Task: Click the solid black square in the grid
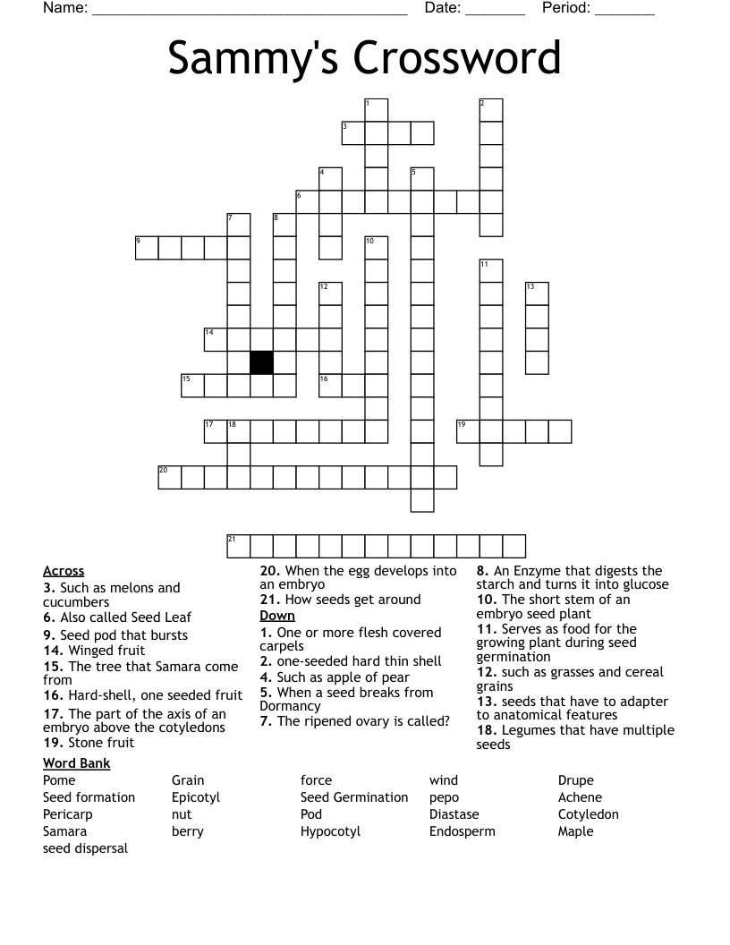point(261,362)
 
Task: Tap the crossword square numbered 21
point(238,546)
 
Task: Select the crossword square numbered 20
point(170,477)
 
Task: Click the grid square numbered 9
point(147,248)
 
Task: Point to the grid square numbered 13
point(537,294)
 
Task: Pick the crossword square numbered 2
point(491,110)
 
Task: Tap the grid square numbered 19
point(468,431)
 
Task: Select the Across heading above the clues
point(64,571)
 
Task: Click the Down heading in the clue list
point(277,616)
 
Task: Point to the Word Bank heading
point(77,763)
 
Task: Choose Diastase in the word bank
point(454,814)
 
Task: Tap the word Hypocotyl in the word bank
point(330,831)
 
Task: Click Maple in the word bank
point(575,831)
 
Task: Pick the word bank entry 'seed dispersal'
point(85,848)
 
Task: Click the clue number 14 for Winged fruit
point(53,651)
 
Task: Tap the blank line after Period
point(624,10)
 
